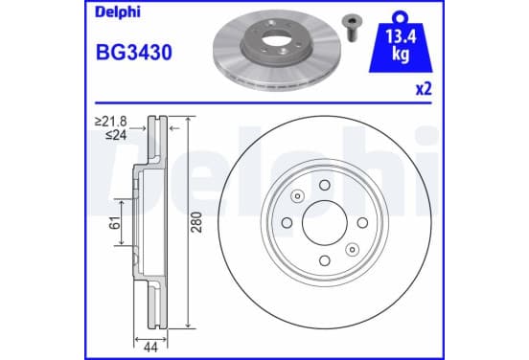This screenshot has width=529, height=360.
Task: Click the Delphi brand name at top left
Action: [x=118, y=12]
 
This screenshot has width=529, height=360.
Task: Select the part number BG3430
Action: [x=134, y=53]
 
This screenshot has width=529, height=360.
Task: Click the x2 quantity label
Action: [x=424, y=89]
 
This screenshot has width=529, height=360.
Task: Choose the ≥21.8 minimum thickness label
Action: [x=111, y=121]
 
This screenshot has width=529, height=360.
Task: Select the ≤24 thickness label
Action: [x=116, y=135]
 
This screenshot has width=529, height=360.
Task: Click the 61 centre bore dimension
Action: [x=115, y=223]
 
